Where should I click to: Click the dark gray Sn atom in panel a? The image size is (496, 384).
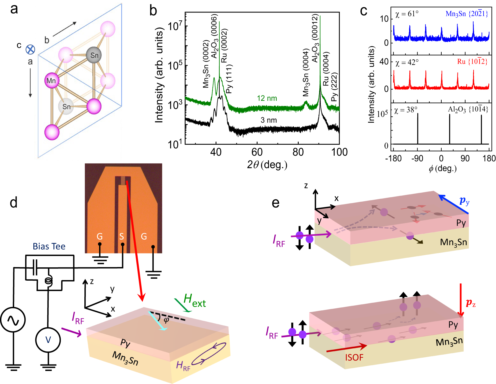[94, 55]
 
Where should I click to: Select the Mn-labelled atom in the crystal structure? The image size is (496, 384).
[52, 81]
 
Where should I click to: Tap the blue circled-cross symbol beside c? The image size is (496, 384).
[30, 50]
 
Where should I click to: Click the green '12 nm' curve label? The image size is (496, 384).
[267, 98]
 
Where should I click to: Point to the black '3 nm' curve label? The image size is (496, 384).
[269, 120]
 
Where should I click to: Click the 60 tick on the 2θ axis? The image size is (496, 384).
[257, 152]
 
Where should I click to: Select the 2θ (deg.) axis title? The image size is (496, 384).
[267, 165]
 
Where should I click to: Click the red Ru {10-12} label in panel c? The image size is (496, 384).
[472, 62]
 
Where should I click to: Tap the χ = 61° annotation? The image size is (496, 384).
[407, 14]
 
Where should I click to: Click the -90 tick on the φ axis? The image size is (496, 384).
[417, 158]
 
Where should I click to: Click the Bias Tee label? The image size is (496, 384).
[49, 246]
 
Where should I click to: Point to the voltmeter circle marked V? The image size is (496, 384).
[48, 340]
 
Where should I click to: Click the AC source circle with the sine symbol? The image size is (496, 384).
[13, 320]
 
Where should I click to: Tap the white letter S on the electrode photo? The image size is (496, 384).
[121, 236]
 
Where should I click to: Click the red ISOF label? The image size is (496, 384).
[354, 357]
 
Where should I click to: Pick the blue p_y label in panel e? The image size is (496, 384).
[464, 201]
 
